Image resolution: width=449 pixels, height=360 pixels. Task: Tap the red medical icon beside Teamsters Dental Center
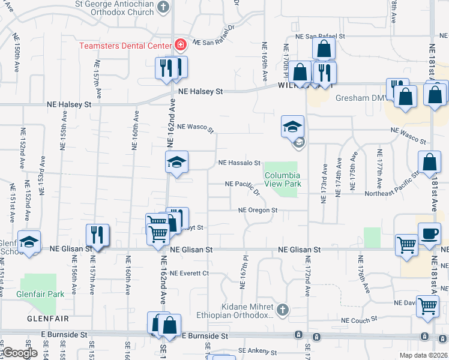(x=179, y=46)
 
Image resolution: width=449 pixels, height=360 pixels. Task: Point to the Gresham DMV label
(x=358, y=98)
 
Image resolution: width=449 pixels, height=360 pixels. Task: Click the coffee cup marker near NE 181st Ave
(x=429, y=234)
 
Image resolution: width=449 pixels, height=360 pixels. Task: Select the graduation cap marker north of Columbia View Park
(x=292, y=127)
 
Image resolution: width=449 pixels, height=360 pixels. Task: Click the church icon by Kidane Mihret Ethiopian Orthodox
(x=283, y=310)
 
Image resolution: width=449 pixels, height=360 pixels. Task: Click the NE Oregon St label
(x=258, y=211)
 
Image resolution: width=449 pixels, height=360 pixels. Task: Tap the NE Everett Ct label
(x=188, y=273)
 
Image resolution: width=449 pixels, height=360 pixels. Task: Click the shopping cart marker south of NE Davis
(x=427, y=306)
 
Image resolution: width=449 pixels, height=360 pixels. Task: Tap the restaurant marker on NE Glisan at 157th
(x=96, y=235)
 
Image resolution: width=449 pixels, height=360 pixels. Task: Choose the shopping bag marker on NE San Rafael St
(x=324, y=49)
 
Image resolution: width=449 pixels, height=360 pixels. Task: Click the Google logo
(x=20, y=353)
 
